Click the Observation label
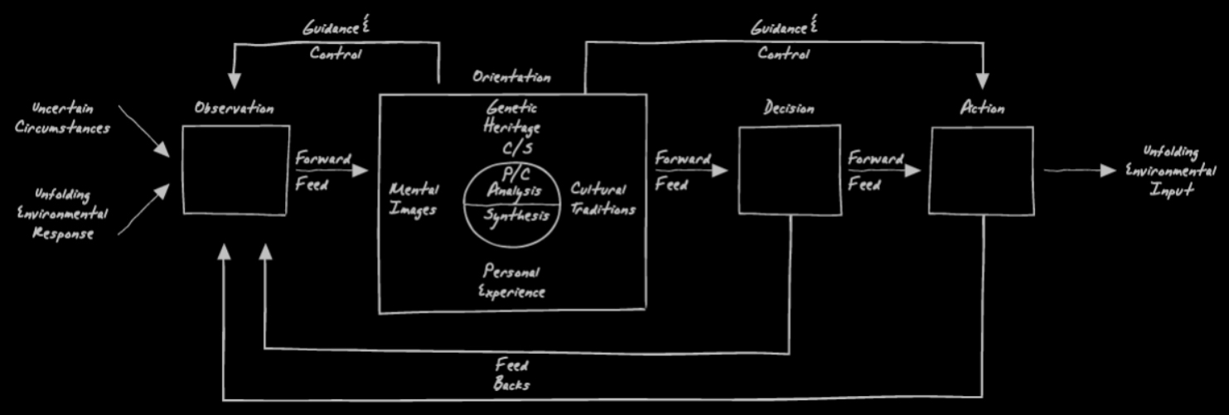(x=234, y=109)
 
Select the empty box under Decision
(x=787, y=169)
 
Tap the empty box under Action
(x=982, y=170)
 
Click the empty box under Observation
(x=236, y=170)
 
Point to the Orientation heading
(x=511, y=78)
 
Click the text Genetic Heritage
(x=512, y=118)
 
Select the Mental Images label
(x=414, y=200)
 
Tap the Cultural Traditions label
(x=602, y=199)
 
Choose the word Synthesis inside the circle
(x=516, y=215)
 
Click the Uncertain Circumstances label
(x=62, y=118)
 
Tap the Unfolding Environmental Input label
(x=1171, y=171)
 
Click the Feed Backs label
(x=511, y=374)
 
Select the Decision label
(x=789, y=109)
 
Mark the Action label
(x=982, y=109)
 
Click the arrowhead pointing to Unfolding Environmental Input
(x=1109, y=170)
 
